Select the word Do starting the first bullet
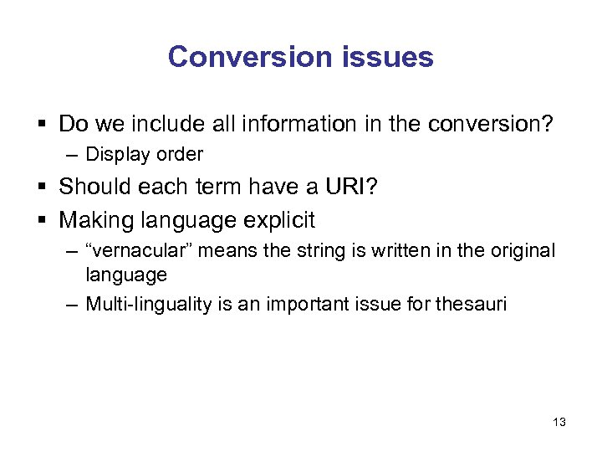[74, 124]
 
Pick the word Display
[120, 155]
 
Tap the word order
[180, 155]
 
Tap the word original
[519, 251]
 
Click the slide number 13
[559, 422]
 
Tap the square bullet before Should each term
[43, 186]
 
